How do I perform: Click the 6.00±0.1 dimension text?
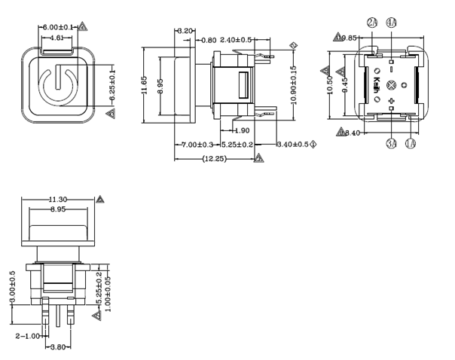tap(58, 27)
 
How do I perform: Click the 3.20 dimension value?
tap(185, 31)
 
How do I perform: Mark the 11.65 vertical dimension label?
tap(145, 86)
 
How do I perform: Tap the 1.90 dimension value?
tap(242, 131)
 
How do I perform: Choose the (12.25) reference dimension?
tap(218, 157)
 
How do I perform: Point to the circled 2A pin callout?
tap(373, 23)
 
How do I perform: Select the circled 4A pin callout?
tap(392, 23)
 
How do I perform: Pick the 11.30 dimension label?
tap(57, 199)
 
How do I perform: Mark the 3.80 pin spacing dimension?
tap(57, 347)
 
